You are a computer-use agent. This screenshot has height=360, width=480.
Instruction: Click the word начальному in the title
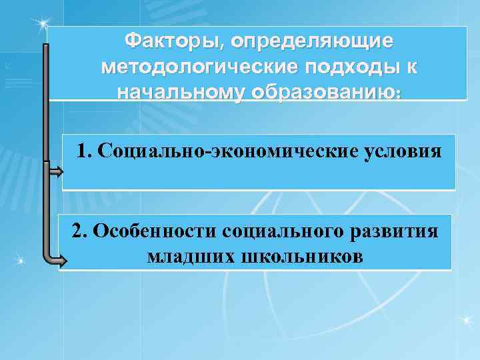[181, 92]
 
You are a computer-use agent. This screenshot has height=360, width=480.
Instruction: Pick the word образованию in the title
[323, 92]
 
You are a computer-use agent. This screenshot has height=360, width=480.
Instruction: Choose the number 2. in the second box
[80, 231]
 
